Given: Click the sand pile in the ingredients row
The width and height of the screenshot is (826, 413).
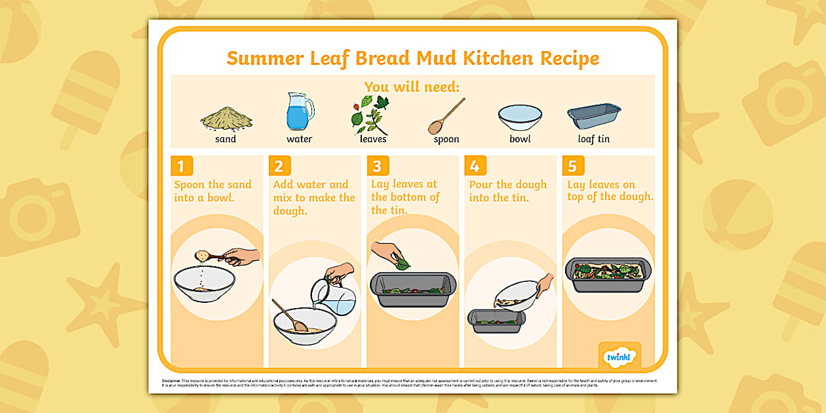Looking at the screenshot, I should click(x=226, y=119).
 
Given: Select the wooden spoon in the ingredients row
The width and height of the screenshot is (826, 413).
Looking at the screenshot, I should click(x=446, y=116).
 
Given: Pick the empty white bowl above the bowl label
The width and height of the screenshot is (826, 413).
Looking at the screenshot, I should click(x=520, y=117).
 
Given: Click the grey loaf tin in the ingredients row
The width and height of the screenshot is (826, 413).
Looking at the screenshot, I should click(x=594, y=116).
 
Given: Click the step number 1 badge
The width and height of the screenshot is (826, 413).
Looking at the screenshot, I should click(x=182, y=166).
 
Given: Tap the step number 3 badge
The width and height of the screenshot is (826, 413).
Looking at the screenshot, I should click(x=378, y=166).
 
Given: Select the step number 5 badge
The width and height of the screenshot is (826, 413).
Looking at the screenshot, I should click(x=572, y=166).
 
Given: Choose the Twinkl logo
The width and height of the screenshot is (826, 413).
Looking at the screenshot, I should click(x=619, y=356).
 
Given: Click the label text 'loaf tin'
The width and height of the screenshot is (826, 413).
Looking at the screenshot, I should click(x=593, y=139).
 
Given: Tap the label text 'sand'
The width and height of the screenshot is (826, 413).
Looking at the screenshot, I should click(x=226, y=139).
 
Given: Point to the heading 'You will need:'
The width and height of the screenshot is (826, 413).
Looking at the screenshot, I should click(x=412, y=87).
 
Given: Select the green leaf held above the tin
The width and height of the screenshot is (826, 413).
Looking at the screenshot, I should click(x=401, y=264).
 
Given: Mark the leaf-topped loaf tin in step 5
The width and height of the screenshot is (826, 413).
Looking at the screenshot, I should click(x=608, y=273).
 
